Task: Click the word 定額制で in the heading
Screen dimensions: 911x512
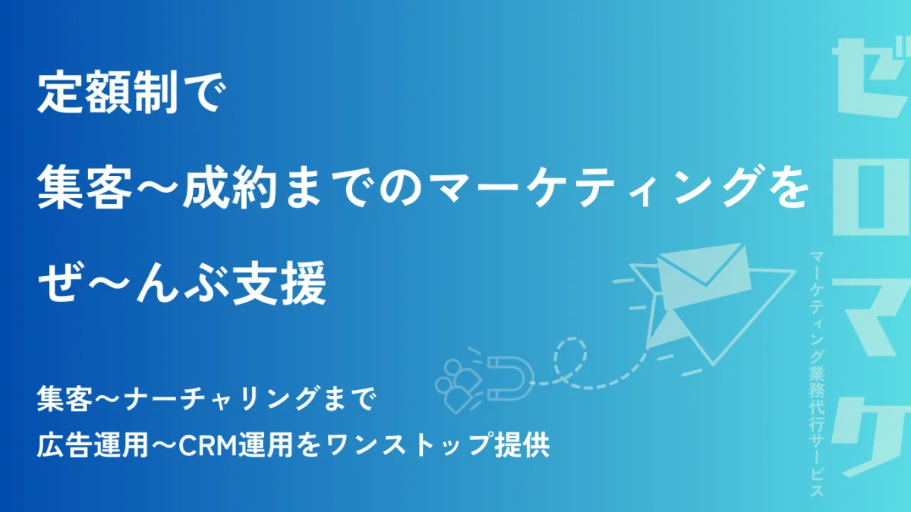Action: [131, 93]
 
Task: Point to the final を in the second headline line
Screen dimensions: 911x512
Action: [787, 188]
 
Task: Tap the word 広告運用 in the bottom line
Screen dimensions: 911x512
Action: [93, 445]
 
